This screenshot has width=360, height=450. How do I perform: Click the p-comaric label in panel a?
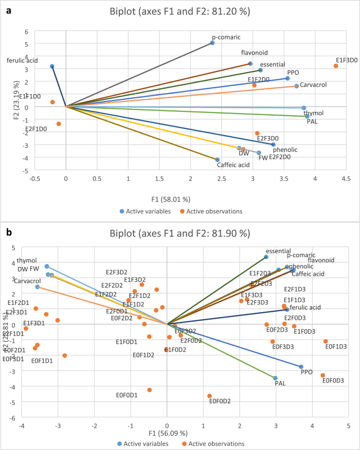(x=225, y=37)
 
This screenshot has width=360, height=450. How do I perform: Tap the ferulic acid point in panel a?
(x=52, y=66)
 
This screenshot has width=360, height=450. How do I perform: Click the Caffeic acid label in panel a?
(x=233, y=165)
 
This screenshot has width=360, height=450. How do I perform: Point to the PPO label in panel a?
(x=294, y=73)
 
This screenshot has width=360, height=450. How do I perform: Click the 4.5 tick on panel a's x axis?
(x=346, y=178)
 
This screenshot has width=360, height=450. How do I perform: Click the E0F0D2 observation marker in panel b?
(x=209, y=396)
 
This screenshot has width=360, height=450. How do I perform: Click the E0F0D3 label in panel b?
(x=333, y=380)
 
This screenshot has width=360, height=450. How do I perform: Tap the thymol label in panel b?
(x=27, y=260)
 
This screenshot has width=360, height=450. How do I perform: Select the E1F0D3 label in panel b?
(x=305, y=331)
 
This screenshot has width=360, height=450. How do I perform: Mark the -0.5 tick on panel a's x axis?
(x=35, y=178)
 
